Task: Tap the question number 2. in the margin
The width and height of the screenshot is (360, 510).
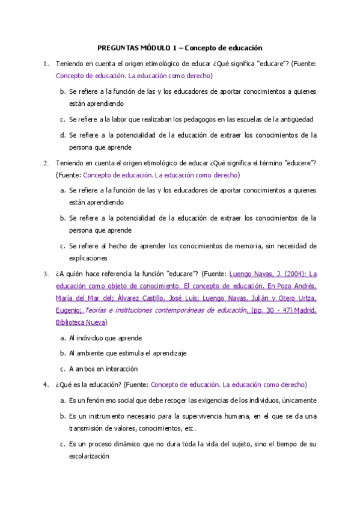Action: point(46,162)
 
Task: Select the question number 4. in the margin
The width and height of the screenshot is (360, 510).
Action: point(46,384)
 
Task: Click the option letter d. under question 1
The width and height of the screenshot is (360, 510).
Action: point(63,135)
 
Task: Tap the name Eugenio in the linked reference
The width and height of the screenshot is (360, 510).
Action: point(67,310)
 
